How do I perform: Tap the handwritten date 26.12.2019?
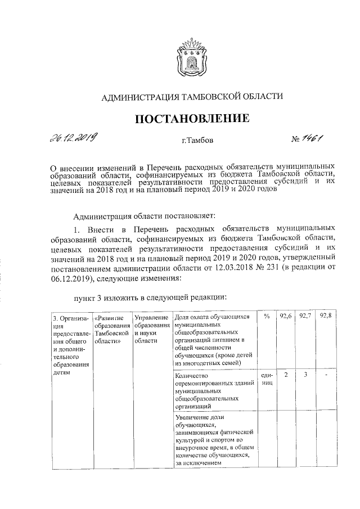point(74,137)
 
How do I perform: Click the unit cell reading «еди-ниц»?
point(267,379)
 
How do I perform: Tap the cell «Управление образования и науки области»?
point(152,328)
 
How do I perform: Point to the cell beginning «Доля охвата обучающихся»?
point(214,340)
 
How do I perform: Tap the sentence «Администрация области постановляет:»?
point(149,215)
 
